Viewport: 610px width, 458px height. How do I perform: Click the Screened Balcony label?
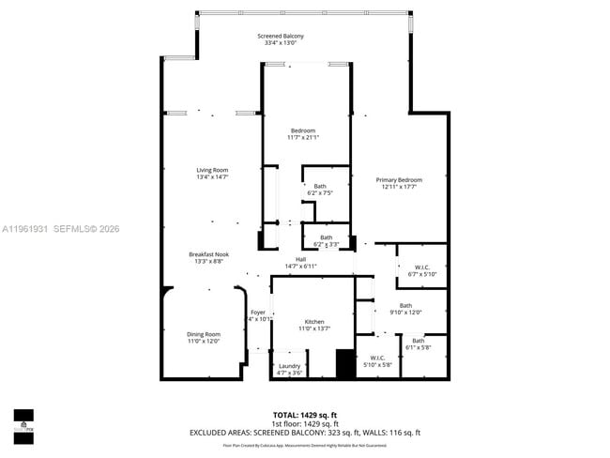(281, 37)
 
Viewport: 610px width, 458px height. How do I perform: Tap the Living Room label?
(212, 170)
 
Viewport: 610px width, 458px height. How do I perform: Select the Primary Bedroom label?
(399, 180)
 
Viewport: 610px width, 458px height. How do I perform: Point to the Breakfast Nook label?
(208, 254)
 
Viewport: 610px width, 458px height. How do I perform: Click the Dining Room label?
(204, 334)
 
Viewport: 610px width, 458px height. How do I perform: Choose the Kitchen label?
(313, 322)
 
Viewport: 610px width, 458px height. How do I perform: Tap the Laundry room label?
(289, 366)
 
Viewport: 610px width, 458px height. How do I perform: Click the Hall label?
(300, 260)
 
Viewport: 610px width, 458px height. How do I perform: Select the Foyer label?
(258, 312)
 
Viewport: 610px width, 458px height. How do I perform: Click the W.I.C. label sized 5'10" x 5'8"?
(377, 358)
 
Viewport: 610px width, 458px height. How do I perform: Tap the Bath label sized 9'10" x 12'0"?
(405, 305)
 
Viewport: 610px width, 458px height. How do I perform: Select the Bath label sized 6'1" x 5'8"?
(418, 341)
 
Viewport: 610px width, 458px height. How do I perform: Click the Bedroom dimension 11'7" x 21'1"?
(303, 138)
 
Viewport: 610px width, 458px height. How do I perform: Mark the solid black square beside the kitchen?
(345, 364)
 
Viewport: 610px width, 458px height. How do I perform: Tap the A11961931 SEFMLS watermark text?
(60, 228)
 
